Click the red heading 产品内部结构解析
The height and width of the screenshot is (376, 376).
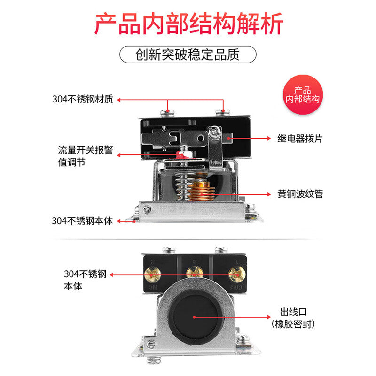click(x=189, y=24)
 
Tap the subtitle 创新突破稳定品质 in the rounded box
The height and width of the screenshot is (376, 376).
click(x=188, y=55)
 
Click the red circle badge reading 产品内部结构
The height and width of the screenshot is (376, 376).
click(x=303, y=94)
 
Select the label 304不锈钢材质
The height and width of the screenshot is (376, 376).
click(x=83, y=99)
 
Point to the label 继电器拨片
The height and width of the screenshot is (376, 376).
click(x=300, y=139)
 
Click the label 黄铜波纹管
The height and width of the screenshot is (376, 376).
click(x=300, y=194)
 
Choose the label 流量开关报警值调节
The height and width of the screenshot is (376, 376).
click(x=86, y=156)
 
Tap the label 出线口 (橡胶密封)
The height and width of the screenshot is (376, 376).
click(x=293, y=318)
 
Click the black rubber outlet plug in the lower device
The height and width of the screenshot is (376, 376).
click(x=195, y=317)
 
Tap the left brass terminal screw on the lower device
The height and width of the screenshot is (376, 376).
click(x=152, y=274)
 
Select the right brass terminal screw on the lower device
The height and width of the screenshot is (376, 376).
click(x=237, y=274)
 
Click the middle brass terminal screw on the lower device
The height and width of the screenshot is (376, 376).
click(x=195, y=274)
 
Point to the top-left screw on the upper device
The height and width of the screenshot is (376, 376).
click(x=167, y=112)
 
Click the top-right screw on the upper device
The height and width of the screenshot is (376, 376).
click(x=222, y=112)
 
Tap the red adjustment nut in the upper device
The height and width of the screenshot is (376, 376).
click(x=182, y=155)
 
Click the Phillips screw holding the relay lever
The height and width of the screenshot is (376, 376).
click(x=214, y=133)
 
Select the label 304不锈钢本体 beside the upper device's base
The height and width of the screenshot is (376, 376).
click(x=82, y=221)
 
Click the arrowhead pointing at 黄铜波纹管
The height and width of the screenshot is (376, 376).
click(x=269, y=194)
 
